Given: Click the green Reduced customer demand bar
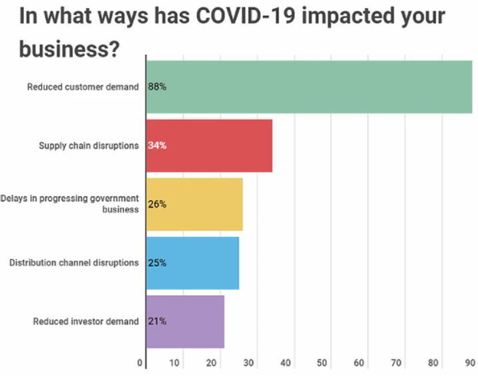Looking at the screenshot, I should (309, 87).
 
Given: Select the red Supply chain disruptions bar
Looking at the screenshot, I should (209, 145).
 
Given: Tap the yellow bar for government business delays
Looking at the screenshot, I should (194, 204).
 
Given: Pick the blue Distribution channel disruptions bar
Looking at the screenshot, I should (192, 262).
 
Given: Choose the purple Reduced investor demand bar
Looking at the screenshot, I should (185, 321).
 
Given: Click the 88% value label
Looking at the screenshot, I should (158, 87).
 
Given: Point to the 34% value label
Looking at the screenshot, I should (158, 145).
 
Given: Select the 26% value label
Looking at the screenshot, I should (158, 204).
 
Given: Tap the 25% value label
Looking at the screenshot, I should (158, 262).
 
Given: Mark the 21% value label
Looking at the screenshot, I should (158, 321).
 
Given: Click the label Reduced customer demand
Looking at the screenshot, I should (83, 87).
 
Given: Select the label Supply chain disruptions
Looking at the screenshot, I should (89, 145).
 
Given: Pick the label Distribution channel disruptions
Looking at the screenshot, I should (74, 262).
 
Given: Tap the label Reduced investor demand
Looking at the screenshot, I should (86, 321).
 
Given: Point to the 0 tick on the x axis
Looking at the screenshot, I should (140, 363).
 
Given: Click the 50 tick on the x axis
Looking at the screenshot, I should (323, 363).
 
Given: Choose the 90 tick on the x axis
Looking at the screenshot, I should (469, 363).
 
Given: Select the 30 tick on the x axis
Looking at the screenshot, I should (250, 363).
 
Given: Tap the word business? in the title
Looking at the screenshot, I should (69, 49).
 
